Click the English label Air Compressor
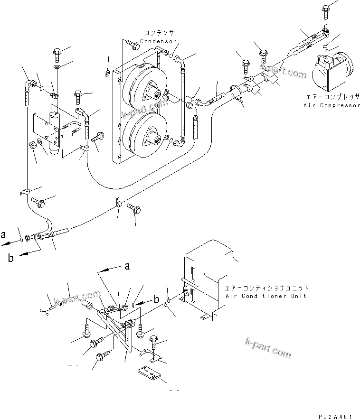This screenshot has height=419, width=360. [332, 105]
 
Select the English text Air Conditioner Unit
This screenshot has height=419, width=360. [267, 296]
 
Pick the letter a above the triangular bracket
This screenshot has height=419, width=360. [127, 267]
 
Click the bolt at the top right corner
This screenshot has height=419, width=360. [326, 9]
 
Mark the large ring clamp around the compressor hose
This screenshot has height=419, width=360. [238, 93]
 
